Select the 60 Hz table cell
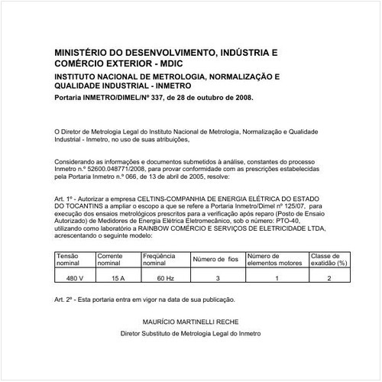coord(164,278)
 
